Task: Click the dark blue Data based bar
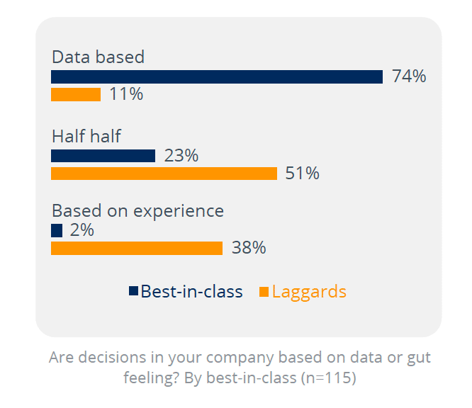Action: tap(216, 77)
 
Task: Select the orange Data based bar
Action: tap(76, 94)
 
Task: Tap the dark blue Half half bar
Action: tap(103, 156)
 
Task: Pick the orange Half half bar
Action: tap(164, 174)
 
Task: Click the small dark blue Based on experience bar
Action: tap(57, 231)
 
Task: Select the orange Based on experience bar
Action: tap(137, 248)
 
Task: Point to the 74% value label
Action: tap(409, 76)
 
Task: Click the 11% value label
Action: tap(126, 94)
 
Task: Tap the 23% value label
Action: tap(181, 156)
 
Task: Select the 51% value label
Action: tap(303, 174)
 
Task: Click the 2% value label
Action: tap(82, 230)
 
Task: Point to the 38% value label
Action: tap(249, 248)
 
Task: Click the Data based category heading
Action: tap(98, 57)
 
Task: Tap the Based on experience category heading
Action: tap(137, 211)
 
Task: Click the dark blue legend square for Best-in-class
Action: tap(133, 291)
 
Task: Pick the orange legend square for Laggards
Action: tap(264, 291)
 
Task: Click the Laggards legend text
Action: tap(309, 291)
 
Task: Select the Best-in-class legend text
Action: tap(191, 291)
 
